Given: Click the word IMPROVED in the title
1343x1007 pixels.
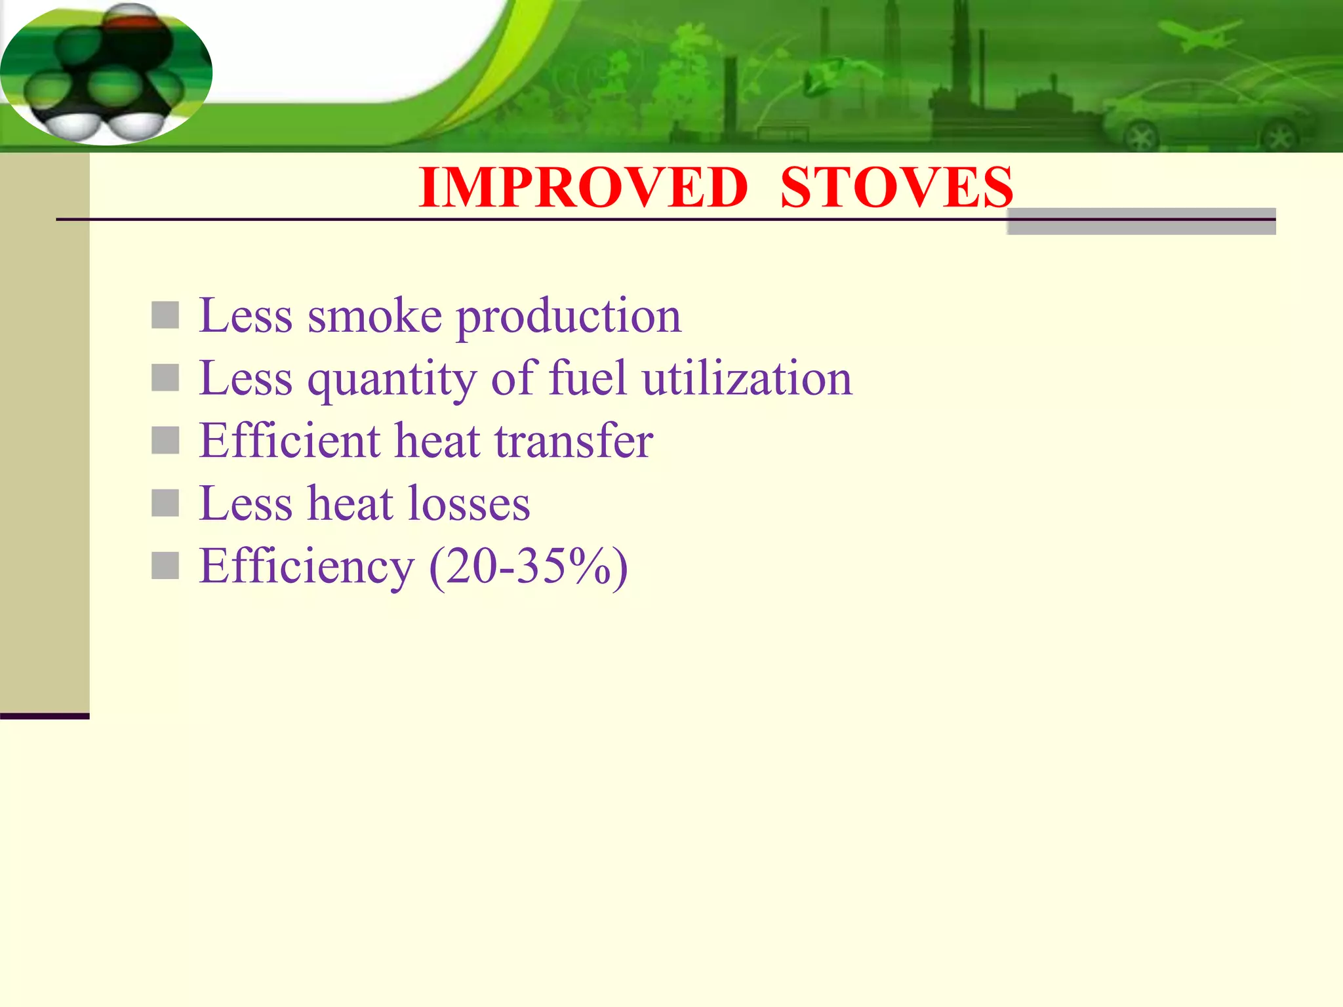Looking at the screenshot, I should coord(583,188).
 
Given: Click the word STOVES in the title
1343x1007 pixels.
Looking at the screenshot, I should coord(896,188).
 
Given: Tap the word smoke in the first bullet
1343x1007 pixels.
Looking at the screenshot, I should coord(374,317).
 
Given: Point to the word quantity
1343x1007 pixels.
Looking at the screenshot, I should coord(392,380).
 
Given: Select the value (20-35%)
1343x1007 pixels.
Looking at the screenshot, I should coord(529,566).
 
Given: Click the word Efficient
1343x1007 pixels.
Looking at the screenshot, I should coord(289,441).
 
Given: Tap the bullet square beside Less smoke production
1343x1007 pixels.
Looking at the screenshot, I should coord(165,315).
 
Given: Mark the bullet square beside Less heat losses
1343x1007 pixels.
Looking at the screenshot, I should coord(165,503).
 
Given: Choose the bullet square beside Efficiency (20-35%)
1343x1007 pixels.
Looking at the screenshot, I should coord(165,566).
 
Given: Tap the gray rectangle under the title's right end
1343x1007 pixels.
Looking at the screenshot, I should coord(1141,222).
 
